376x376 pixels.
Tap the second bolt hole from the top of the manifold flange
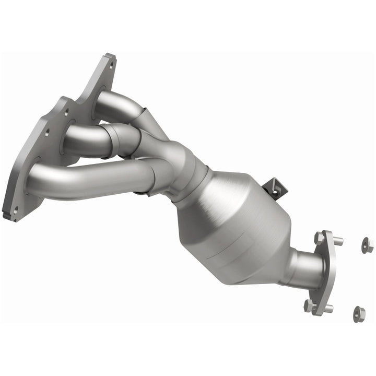[66, 111]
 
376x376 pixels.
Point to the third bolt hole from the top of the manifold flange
[45, 133]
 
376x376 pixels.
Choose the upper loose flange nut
[367, 244]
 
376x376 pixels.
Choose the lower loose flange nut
[358, 313]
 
